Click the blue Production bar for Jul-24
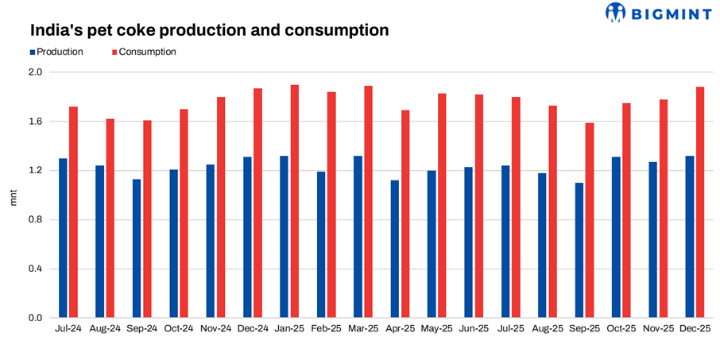63,238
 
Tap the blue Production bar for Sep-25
579,250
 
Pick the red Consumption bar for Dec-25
700,203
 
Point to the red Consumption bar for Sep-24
147,219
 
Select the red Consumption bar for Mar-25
368,202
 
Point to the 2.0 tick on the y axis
35,72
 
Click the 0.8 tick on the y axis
35,220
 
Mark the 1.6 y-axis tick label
35,122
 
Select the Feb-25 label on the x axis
326,328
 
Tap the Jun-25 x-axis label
474,328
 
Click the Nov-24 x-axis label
215,328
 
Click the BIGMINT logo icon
617,12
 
